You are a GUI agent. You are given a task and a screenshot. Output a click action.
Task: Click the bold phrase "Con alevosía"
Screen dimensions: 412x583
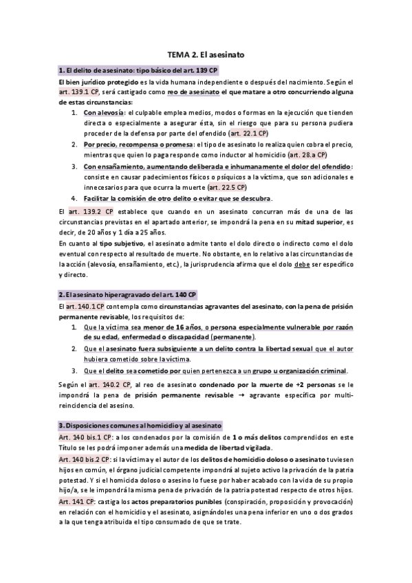click(105, 112)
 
